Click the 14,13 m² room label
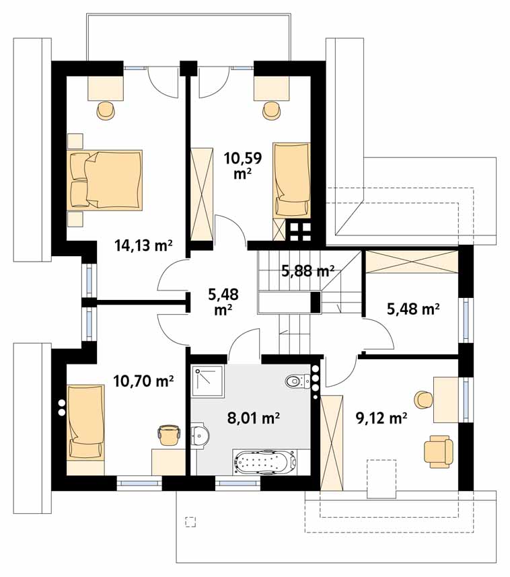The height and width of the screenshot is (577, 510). tap(143, 245)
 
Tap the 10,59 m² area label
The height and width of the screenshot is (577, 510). tap(243, 165)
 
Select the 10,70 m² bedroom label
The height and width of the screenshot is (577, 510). tap(143, 381)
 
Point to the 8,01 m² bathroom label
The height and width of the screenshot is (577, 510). tap(254, 418)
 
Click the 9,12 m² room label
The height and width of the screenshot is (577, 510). tap(381, 418)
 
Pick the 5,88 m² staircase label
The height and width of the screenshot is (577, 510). tap(308, 271)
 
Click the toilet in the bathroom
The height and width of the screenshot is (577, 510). tap(298, 381)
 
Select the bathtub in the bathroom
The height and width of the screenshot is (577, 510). tap(265, 461)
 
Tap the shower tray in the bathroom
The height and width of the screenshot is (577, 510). tap(208, 381)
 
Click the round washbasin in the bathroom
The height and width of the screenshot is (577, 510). tap(200, 436)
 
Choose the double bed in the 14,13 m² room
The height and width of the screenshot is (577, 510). tap(104, 180)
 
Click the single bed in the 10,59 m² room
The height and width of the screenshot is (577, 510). tap(291, 180)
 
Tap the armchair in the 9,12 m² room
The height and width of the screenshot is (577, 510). tap(438, 451)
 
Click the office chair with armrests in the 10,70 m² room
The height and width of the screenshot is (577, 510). tap(169, 434)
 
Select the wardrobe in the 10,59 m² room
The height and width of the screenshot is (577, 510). tap(202, 194)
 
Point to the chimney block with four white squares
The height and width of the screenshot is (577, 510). tap(299, 229)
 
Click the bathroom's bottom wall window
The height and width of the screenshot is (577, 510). tap(238, 482)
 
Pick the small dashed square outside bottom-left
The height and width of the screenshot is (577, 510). tap(190, 521)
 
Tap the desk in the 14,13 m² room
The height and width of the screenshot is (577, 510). tap(106, 87)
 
